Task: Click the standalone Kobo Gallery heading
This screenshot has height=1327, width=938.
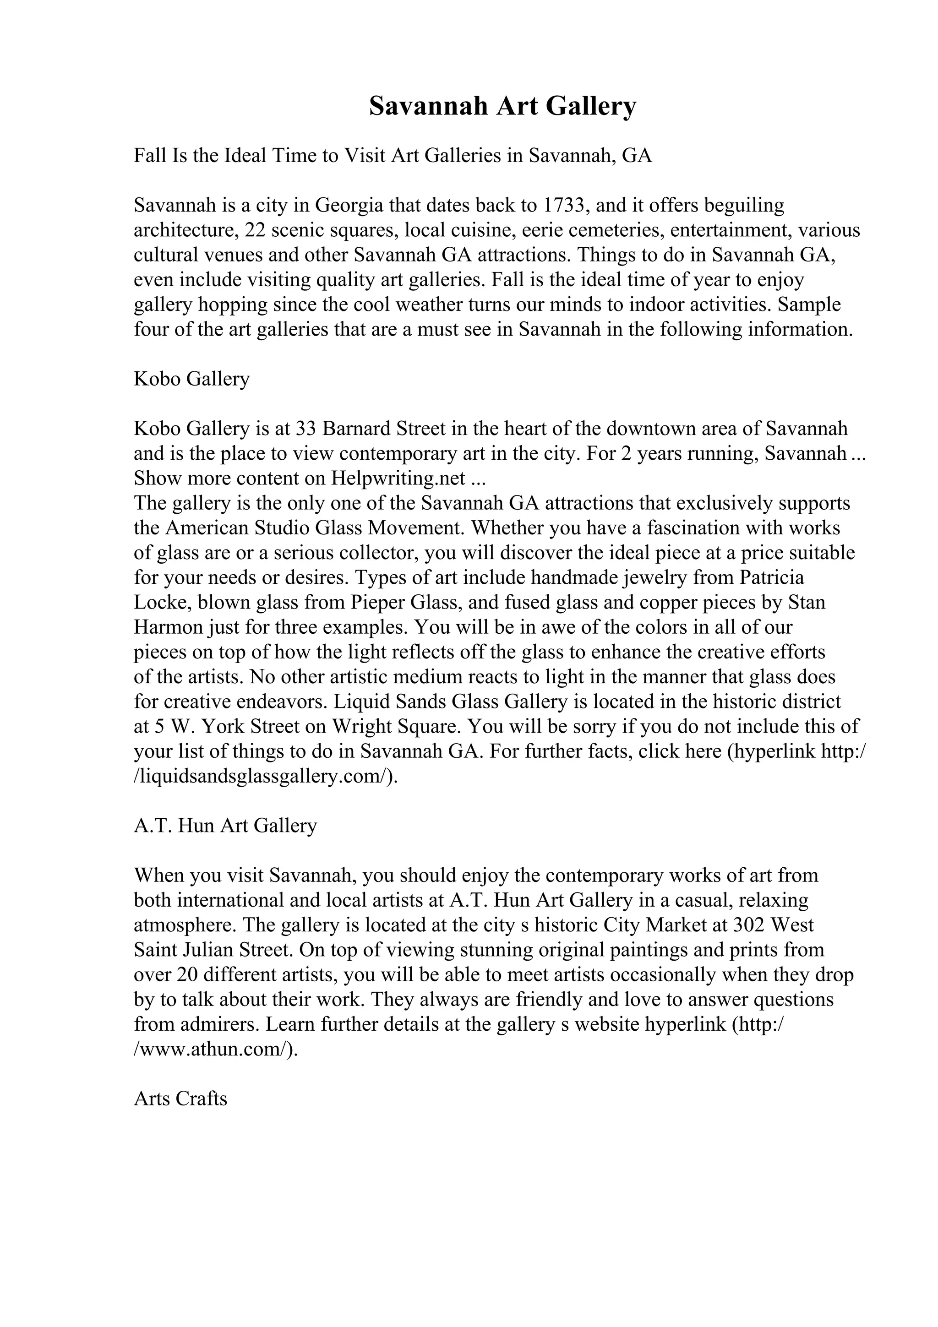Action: (x=191, y=379)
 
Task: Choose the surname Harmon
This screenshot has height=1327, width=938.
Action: (x=168, y=627)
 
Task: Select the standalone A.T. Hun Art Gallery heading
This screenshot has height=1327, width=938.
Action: (x=225, y=825)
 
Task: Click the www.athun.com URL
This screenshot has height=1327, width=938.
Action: (x=213, y=1049)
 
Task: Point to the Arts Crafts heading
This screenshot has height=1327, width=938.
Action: (x=180, y=1098)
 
